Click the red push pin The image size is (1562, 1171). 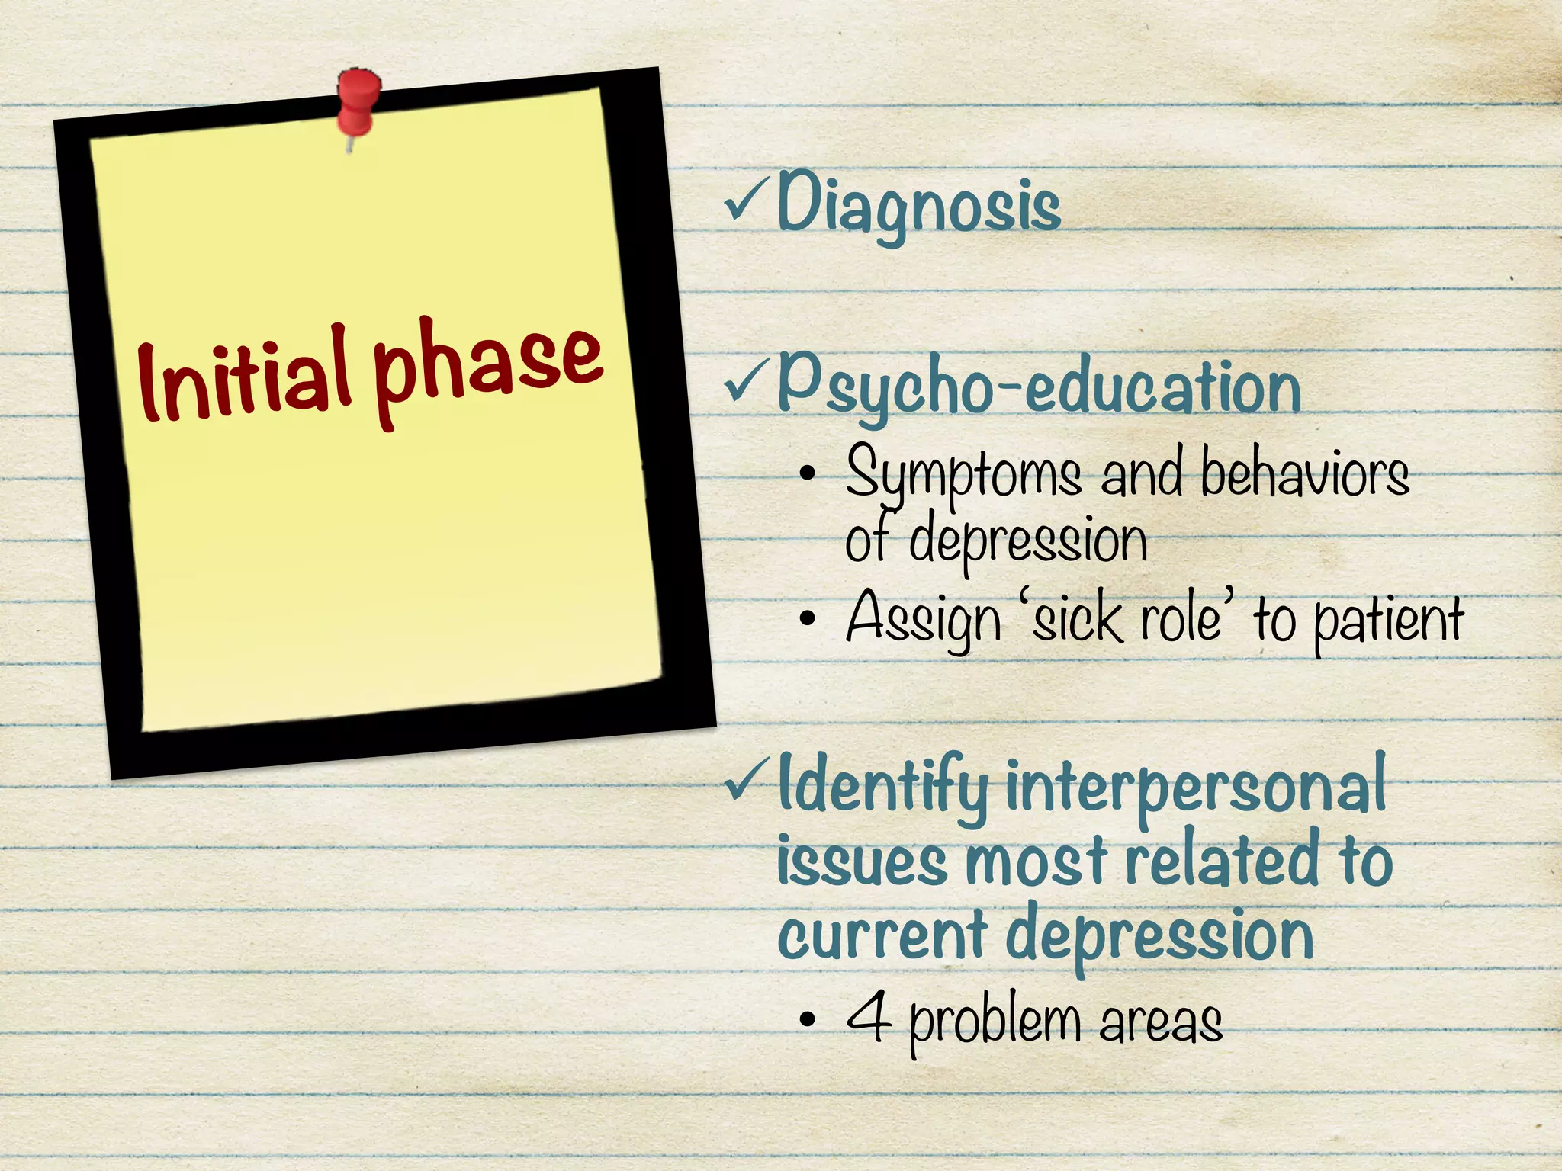[358, 103]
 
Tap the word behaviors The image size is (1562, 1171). [1304, 474]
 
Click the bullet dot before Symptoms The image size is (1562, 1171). [808, 476]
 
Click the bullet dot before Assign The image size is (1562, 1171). [808, 621]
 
